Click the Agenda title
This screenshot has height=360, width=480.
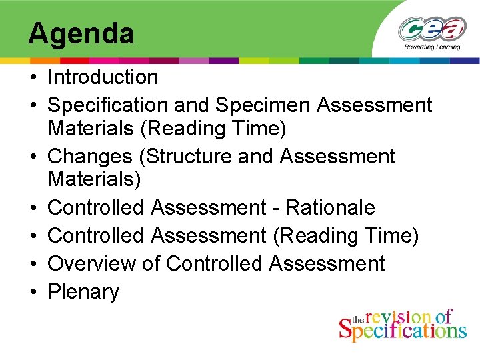click(81, 33)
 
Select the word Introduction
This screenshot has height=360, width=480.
click(103, 77)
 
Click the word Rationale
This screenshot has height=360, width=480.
click(331, 208)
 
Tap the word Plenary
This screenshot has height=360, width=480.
click(83, 292)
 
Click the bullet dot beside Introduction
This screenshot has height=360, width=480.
click(33, 78)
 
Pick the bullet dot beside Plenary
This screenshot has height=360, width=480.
click(33, 293)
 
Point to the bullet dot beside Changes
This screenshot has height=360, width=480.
click(33, 157)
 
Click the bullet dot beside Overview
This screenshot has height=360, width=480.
click(33, 265)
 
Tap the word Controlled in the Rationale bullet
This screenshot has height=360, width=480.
click(97, 208)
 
